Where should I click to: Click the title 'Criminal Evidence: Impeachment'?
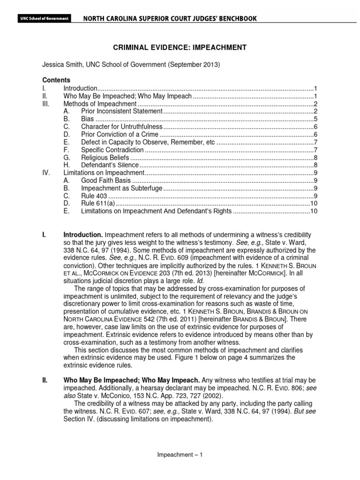point(180,48)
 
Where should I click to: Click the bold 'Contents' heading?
point(56,80)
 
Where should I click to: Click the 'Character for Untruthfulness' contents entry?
point(121,127)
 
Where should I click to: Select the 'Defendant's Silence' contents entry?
point(110,165)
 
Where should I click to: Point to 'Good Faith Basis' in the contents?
point(106,180)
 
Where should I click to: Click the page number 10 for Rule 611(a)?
point(314,203)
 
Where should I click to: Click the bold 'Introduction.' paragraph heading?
point(83,234)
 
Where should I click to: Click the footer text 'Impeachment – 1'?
point(180,454)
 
